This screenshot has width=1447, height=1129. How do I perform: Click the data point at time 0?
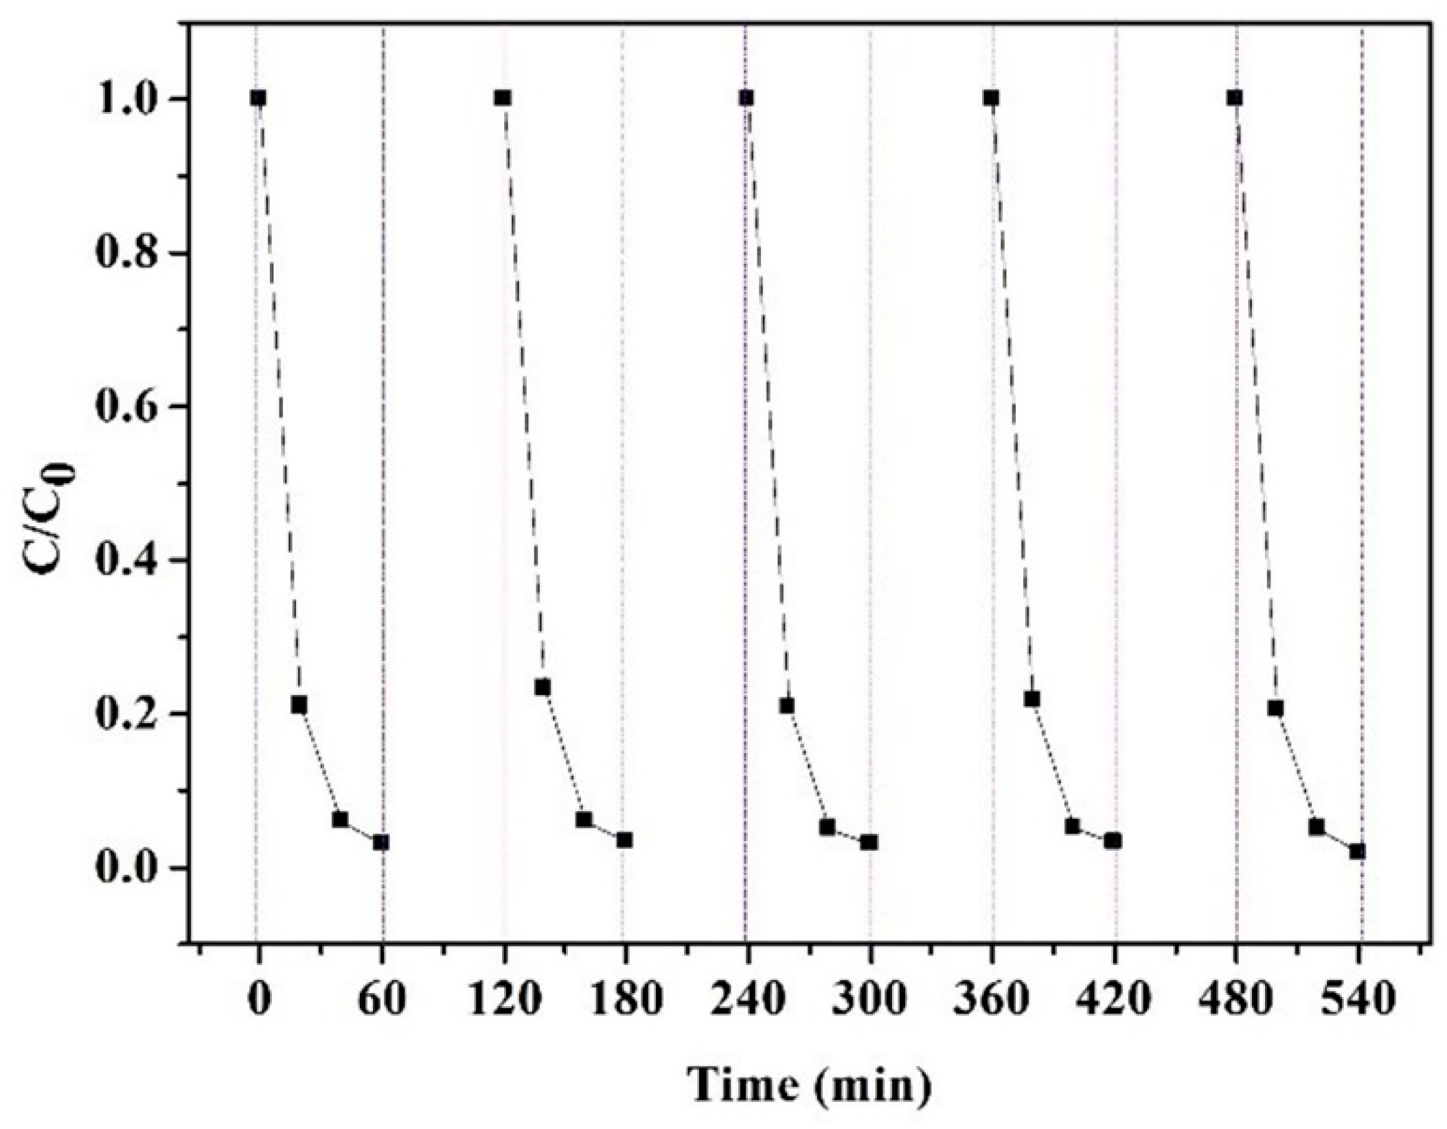(258, 98)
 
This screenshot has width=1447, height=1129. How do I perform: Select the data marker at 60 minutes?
(381, 843)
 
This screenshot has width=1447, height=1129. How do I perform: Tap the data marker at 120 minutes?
(503, 98)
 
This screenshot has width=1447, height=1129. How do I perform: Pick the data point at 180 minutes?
(624, 840)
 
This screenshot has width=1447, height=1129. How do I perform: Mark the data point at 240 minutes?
(747, 98)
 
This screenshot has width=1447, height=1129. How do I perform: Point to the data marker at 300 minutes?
(869, 842)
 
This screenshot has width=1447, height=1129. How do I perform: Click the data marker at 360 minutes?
(991, 98)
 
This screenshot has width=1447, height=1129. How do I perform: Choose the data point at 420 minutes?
(1113, 841)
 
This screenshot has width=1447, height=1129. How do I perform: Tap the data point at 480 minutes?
(1235, 98)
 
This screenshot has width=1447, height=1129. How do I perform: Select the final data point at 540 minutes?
(1357, 852)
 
